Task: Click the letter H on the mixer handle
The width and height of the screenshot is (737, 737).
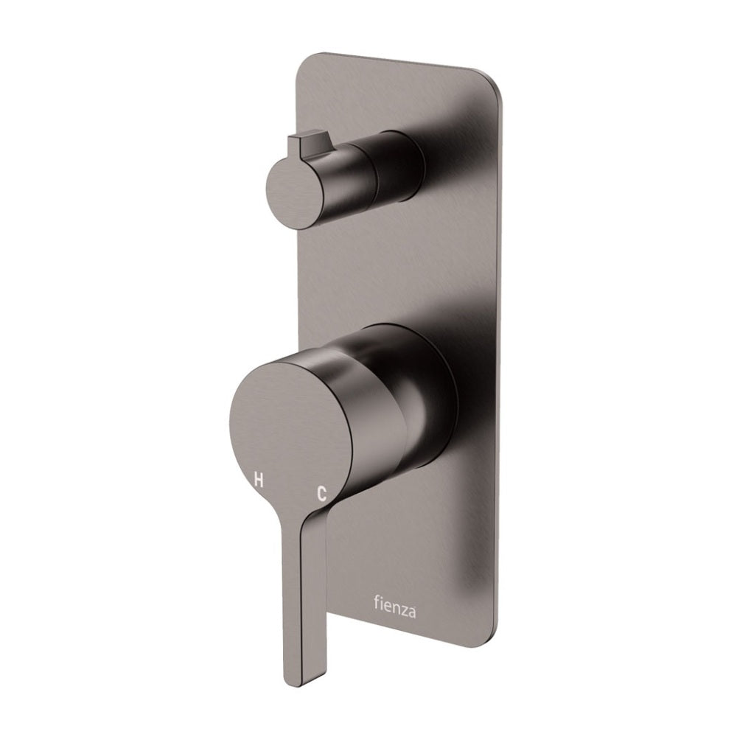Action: [x=258, y=480]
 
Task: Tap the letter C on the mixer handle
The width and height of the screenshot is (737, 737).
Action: [x=321, y=494]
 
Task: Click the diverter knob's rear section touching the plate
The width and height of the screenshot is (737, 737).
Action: [x=402, y=166]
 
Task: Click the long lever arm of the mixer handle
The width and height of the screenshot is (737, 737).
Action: [x=295, y=590]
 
